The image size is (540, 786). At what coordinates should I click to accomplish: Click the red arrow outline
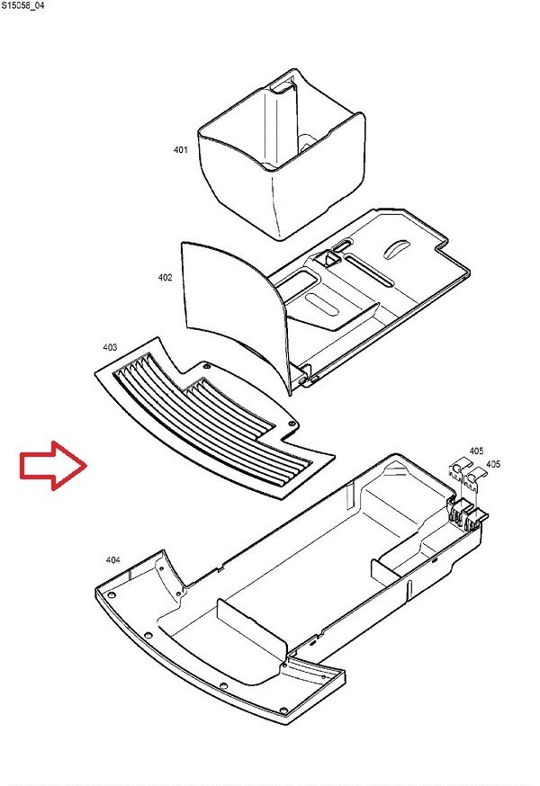click(54, 466)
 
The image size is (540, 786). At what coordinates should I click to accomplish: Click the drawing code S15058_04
click(22, 6)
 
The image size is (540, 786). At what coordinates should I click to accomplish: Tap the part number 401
click(180, 149)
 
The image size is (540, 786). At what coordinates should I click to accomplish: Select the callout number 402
click(165, 277)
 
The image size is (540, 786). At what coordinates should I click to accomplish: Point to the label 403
click(110, 347)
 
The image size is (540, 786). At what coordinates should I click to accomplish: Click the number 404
click(112, 560)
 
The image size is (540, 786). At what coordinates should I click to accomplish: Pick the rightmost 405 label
click(493, 464)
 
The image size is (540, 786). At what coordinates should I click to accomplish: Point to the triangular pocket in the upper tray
click(328, 258)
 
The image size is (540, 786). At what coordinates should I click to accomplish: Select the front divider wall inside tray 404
click(252, 631)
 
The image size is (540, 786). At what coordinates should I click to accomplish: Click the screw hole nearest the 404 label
click(111, 594)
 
